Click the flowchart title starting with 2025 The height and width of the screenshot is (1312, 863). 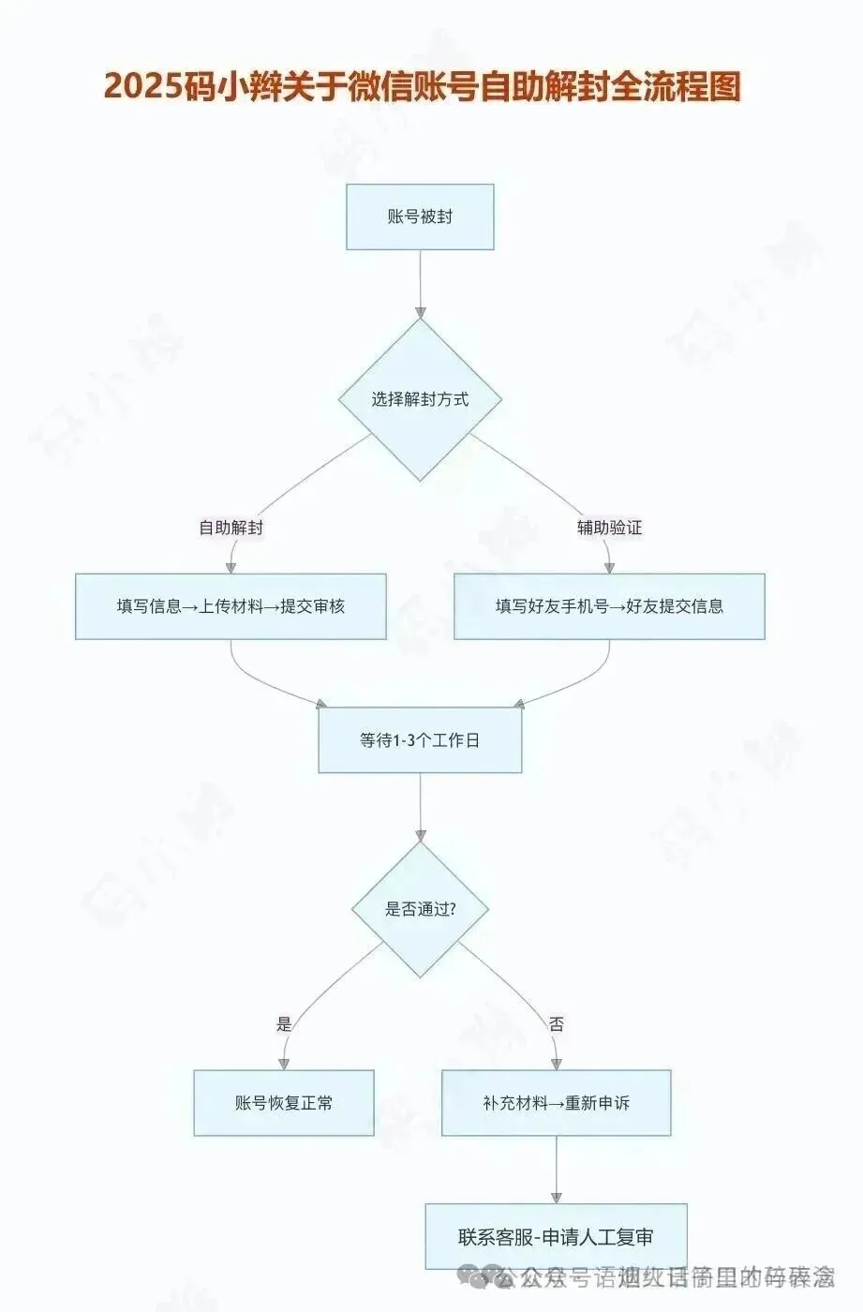422,86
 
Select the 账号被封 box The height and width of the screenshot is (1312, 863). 420,216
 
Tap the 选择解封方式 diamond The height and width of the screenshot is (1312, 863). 420,399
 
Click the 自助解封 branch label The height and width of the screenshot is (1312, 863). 231,528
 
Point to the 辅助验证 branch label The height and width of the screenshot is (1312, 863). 609,528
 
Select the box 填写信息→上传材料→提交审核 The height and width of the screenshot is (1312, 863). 231,606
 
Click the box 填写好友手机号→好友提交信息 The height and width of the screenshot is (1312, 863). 609,606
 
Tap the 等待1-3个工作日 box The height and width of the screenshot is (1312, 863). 420,740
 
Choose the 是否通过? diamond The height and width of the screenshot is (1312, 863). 420,909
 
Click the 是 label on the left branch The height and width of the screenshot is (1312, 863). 284,1024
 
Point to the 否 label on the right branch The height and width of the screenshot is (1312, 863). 557,1024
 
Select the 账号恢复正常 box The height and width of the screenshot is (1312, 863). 284,1103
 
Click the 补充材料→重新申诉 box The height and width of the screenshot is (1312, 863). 557,1103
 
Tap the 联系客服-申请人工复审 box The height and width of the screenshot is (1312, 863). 557,1237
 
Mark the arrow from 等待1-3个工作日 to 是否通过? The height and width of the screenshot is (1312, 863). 420,806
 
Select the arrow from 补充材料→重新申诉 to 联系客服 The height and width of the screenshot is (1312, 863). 557,1170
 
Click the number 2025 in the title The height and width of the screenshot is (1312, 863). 141,86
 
